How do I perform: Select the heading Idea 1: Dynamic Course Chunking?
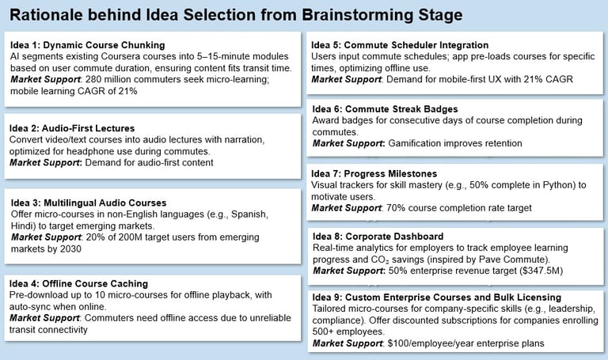click(88, 45)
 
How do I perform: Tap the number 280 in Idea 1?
click(93, 79)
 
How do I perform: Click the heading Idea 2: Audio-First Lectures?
click(72, 128)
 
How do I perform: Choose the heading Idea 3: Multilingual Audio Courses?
click(89, 203)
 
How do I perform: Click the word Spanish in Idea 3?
click(249, 214)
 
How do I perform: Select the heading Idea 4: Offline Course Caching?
click(78, 284)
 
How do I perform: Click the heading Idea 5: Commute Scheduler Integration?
click(400, 45)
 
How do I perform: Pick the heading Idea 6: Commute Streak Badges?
click(385, 109)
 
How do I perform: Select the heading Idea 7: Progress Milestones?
click(374, 173)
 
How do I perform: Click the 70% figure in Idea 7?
click(396, 208)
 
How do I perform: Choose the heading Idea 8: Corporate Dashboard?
click(378, 237)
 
